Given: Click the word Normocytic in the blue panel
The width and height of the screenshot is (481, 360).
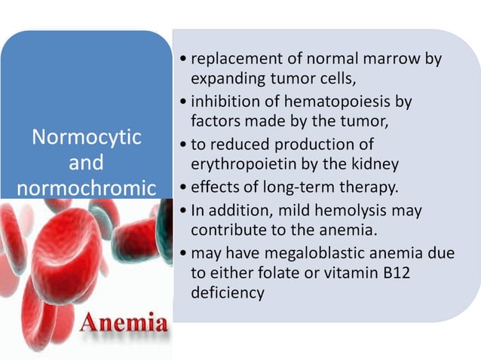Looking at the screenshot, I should click(86, 138).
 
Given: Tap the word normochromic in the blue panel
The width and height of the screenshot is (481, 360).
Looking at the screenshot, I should click(86, 188).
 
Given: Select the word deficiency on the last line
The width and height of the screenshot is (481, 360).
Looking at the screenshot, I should click(228, 292).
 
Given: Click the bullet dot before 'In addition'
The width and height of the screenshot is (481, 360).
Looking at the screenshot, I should click(184, 210).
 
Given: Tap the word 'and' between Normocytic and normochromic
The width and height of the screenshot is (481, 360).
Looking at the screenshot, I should click(86, 163).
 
